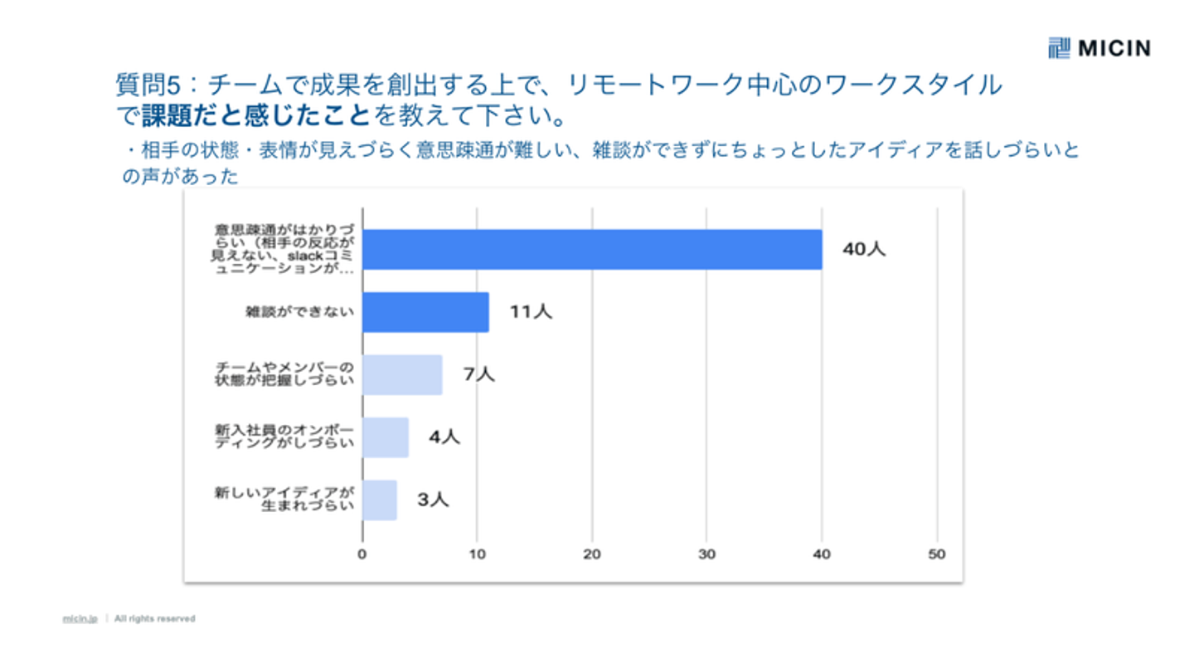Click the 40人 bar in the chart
(x=592, y=250)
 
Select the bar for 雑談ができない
(x=425, y=312)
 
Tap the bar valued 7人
(x=402, y=374)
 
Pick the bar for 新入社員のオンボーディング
(x=386, y=437)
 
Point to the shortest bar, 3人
(x=380, y=500)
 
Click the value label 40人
(x=864, y=249)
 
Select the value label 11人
(x=531, y=312)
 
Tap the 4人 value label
(x=444, y=437)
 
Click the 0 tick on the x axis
(x=362, y=554)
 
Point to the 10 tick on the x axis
(x=477, y=554)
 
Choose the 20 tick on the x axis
(x=592, y=554)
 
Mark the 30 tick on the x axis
(x=706, y=554)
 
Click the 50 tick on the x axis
(x=937, y=554)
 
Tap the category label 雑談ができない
(x=299, y=312)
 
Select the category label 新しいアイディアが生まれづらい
(x=284, y=499)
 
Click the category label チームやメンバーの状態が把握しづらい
(x=284, y=374)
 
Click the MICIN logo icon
(x=1059, y=48)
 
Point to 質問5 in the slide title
(x=147, y=85)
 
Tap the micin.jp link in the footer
(x=80, y=618)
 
